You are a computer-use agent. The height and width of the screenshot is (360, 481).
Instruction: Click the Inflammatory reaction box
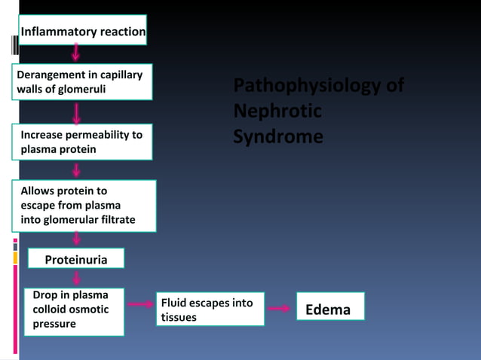81,31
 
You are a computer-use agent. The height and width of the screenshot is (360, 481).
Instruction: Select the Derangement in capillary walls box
83,83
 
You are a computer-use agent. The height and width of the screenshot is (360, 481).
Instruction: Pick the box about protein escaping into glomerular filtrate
83,206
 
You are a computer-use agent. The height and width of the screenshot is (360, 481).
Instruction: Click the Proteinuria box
75,259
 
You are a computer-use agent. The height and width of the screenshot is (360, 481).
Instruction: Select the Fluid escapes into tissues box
210,310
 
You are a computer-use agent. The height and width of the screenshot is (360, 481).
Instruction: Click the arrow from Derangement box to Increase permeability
76,113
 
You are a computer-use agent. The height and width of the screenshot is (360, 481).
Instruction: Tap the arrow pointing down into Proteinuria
76,239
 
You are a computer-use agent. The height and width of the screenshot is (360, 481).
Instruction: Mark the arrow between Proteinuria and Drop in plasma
76,278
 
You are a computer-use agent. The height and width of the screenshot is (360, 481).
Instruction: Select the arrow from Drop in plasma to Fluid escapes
140,304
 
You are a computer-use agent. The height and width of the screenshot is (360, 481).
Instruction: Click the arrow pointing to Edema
280,308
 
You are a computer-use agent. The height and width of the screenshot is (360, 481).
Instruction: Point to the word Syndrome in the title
278,137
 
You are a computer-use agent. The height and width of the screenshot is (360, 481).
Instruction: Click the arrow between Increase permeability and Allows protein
76,170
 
